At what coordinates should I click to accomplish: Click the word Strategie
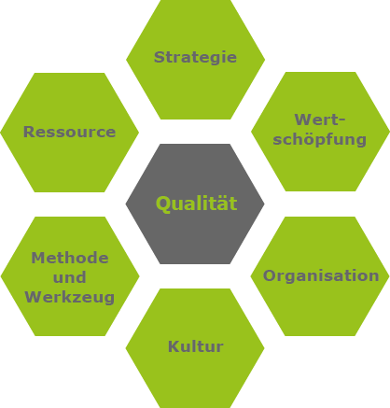point(195,58)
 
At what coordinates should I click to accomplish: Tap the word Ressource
point(70,132)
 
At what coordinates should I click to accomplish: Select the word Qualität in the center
point(197,204)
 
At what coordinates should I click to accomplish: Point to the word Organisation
point(321,276)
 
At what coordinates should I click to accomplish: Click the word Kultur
point(196,346)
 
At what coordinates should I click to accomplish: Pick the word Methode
point(70,258)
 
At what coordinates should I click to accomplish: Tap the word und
point(70,277)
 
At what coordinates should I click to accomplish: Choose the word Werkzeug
point(70,297)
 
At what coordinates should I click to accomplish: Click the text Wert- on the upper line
point(320,120)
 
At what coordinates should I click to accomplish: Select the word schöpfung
point(320,139)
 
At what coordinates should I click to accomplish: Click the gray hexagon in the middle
point(195,204)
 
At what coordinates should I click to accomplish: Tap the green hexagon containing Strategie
point(195,59)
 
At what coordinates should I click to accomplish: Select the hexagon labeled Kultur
point(195,348)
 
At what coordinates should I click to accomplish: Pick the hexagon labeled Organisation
point(320,276)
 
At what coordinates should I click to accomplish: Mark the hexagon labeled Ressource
point(70,133)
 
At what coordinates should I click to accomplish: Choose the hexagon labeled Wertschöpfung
point(320,132)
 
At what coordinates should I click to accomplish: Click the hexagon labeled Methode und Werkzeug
point(70,276)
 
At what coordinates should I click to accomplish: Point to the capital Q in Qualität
point(163,204)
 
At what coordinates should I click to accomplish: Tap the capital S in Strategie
point(160,57)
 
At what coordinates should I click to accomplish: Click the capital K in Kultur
point(174,346)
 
